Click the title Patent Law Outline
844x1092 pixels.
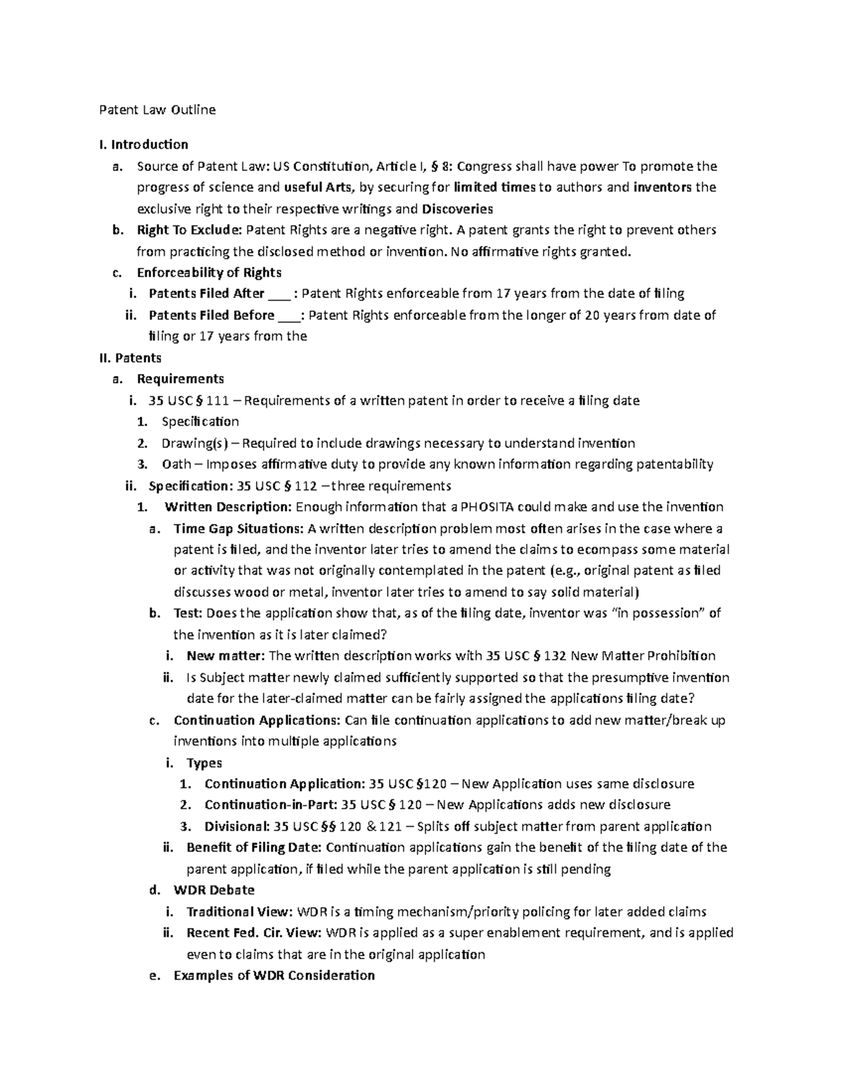coord(157,110)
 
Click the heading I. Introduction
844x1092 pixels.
coord(143,145)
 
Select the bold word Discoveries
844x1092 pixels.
coord(457,209)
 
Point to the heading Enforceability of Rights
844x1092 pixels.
coord(209,273)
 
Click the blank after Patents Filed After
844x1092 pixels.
coord(279,294)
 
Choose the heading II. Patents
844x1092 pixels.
coord(130,358)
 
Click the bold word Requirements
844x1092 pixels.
coord(180,379)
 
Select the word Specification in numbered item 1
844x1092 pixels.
coord(200,422)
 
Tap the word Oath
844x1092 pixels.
coord(176,464)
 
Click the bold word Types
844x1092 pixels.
coord(204,763)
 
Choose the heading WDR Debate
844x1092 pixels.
coord(214,890)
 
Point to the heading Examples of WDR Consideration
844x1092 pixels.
coord(274,975)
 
